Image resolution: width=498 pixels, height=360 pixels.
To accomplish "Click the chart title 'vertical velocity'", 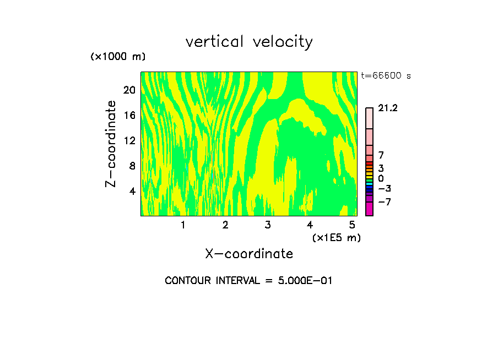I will pyautogui.click(x=249, y=42).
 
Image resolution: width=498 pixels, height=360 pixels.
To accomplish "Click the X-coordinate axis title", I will pyautogui.click(x=249, y=254).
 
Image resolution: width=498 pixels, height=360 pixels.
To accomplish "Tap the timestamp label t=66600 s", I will pyautogui.click(x=386, y=76).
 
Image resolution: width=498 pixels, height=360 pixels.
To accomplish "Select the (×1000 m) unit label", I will pyautogui.click(x=118, y=57).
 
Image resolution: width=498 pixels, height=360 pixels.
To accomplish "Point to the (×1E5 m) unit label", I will pyautogui.click(x=336, y=238).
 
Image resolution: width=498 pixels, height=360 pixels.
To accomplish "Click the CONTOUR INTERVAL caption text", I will pyautogui.click(x=249, y=281).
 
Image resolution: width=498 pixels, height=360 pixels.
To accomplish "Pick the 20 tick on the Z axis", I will pyautogui.click(x=129, y=90).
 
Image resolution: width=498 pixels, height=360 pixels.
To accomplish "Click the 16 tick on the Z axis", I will pyautogui.click(x=129, y=115).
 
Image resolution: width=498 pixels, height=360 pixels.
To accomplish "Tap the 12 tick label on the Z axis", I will pyautogui.click(x=129, y=140).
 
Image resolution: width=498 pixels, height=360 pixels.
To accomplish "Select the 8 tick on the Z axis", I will pyautogui.click(x=132, y=166).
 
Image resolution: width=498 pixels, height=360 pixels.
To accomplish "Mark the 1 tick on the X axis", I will pyautogui.click(x=183, y=225).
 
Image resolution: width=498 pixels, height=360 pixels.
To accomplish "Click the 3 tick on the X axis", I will pyautogui.click(x=268, y=225).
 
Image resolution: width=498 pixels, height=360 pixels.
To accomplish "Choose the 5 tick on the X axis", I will pyautogui.click(x=352, y=225).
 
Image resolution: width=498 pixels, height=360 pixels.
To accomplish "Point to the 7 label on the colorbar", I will pyautogui.click(x=381, y=156).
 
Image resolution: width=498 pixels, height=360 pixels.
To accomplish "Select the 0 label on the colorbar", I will pyautogui.click(x=381, y=178).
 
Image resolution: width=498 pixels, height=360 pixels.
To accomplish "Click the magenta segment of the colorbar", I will pyautogui.click(x=369, y=209).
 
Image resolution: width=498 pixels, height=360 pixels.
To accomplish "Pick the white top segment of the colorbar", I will pyautogui.click(x=369, y=118).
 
